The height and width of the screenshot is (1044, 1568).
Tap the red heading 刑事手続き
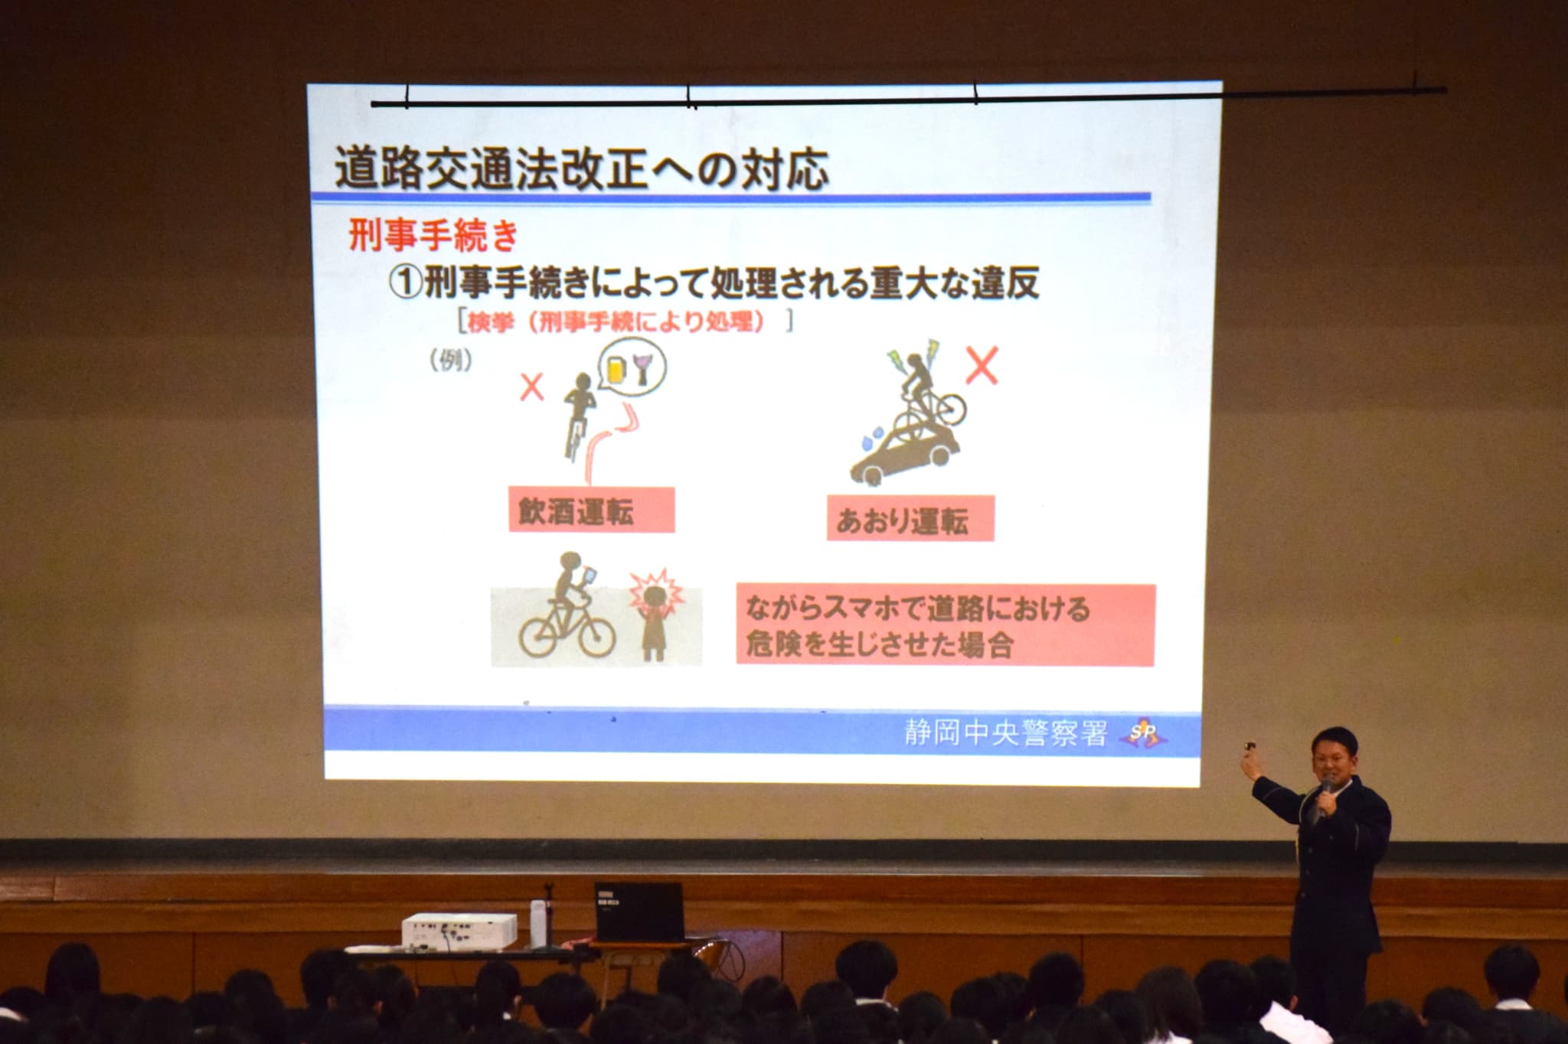click(x=434, y=234)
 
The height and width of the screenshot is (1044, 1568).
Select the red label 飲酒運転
click(x=591, y=510)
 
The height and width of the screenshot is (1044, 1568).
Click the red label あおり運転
click(x=910, y=518)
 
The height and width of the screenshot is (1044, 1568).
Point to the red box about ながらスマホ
click(x=946, y=626)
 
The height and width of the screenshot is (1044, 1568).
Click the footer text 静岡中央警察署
click(x=1005, y=734)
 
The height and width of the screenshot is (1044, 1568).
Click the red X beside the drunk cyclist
click(x=531, y=387)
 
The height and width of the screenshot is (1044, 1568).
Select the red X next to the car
click(x=981, y=366)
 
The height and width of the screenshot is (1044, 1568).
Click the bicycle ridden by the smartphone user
click(x=567, y=628)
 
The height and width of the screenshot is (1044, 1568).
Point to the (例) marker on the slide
click(x=451, y=359)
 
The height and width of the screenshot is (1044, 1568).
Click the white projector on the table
click(x=459, y=929)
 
